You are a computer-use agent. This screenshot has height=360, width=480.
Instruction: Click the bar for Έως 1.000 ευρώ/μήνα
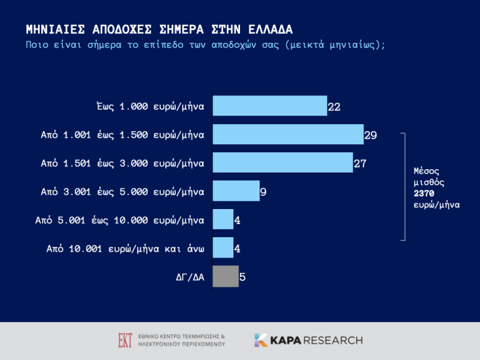click(x=269, y=106)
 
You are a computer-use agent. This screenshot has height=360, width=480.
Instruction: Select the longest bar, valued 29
click(x=288, y=135)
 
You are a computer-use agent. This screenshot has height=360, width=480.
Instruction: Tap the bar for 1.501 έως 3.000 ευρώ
click(x=283, y=163)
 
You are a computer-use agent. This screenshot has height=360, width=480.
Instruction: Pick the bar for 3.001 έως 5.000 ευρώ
click(x=235, y=191)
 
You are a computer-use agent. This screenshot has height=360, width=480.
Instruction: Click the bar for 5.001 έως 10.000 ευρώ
click(x=223, y=220)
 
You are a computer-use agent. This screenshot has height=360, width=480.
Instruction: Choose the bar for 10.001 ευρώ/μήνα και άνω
click(x=223, y=248)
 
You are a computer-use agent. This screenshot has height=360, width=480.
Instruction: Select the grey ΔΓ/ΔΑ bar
click(x=225, y=276)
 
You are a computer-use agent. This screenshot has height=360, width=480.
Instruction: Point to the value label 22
click(x=334, y=106)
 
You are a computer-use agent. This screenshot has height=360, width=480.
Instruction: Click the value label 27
click(x=360, y=163)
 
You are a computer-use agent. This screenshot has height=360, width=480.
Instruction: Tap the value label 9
click(x=263, y=192)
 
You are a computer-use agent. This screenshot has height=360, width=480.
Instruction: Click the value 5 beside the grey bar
click(x=243, y=277)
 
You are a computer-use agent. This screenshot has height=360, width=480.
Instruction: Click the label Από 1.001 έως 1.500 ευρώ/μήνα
click(x=123, y=135)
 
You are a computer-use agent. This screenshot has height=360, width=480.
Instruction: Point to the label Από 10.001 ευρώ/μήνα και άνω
click(x=126, y=248)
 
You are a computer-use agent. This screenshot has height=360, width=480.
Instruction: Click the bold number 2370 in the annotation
click(x=424, y=193)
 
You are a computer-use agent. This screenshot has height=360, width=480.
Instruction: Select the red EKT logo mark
click(x=125, y=340)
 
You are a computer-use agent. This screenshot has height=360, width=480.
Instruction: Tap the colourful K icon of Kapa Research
click(x=261, y=340)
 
